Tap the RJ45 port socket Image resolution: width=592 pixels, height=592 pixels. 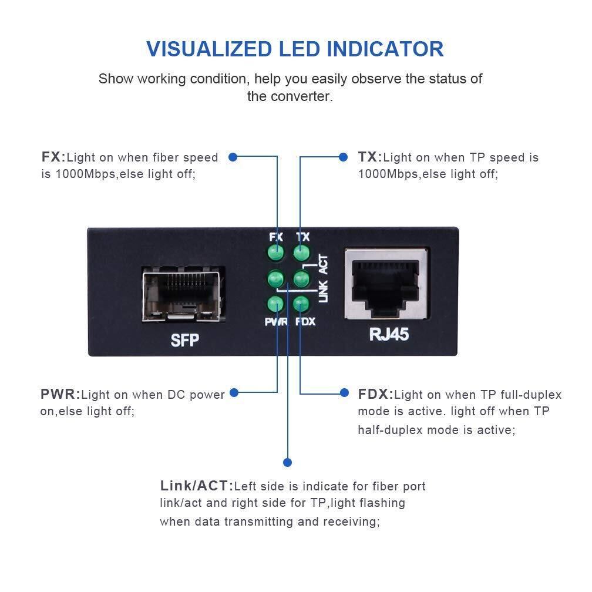[386, 284]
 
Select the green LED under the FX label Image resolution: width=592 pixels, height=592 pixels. [275, 253]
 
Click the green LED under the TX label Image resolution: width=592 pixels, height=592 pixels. [301, 253]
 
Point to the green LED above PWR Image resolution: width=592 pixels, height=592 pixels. [275, 304]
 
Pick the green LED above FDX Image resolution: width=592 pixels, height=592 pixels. [301, 304]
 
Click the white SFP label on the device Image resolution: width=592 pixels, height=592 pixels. [184, 340]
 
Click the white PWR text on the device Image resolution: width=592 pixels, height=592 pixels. [277, 322]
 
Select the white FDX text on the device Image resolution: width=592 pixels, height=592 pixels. [305, 322]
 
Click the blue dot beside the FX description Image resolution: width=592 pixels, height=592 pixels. [233, 157]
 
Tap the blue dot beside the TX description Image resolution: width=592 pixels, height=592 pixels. [343, 157]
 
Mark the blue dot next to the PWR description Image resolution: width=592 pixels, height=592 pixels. [234, 393]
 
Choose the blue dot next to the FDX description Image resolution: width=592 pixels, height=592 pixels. [344, 393]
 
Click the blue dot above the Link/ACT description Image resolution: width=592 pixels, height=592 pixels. [287, 462]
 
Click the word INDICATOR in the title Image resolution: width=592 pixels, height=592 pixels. [385, 49]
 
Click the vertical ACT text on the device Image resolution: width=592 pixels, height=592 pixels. [324, 264]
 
